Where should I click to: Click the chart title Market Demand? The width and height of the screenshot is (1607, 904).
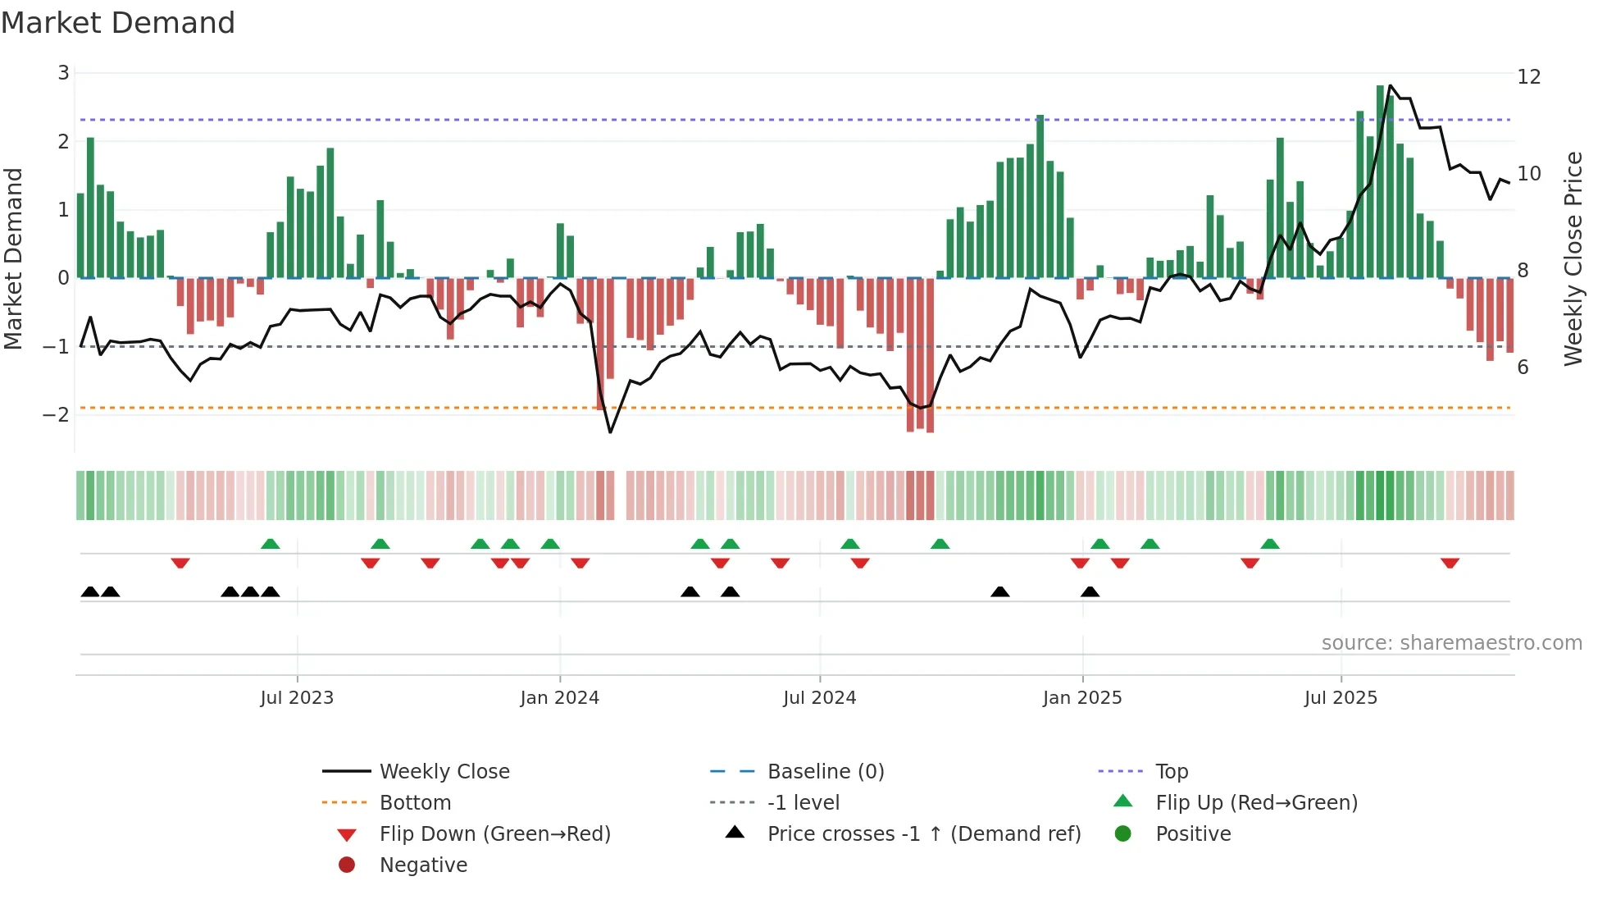point(118,23)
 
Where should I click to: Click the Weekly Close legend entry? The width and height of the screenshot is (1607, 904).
point(444,771)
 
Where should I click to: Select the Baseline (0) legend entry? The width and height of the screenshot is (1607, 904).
point(825,771)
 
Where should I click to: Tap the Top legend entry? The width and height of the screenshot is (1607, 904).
point(1171,771)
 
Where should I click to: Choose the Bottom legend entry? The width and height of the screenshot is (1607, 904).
point(415,802)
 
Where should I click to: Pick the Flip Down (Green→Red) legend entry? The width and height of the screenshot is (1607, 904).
point(494,833)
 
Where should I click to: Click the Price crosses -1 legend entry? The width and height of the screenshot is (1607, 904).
point(923,833)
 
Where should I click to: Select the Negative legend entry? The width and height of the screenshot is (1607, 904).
point(423,865)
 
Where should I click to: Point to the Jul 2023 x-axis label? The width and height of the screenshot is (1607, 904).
point(297,698)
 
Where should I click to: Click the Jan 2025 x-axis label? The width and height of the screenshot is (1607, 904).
point(1082,698)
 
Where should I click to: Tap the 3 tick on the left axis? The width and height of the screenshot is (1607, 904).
point(63,73)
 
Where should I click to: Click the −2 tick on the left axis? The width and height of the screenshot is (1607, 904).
point(57,414)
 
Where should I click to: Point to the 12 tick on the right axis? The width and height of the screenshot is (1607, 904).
point(1529,77)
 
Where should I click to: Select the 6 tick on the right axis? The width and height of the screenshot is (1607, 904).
point(1523,367)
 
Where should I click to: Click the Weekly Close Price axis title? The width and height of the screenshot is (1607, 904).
point(1573,258)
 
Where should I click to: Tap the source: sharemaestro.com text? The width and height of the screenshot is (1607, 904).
point(1451,642)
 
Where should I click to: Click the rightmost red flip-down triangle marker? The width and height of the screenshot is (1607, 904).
point(1450,563)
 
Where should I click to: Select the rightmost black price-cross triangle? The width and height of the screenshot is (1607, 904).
point(1090,591)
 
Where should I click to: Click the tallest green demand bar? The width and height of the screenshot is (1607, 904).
point(1381,180)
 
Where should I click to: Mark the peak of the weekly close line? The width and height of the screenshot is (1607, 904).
point(1391,85)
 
